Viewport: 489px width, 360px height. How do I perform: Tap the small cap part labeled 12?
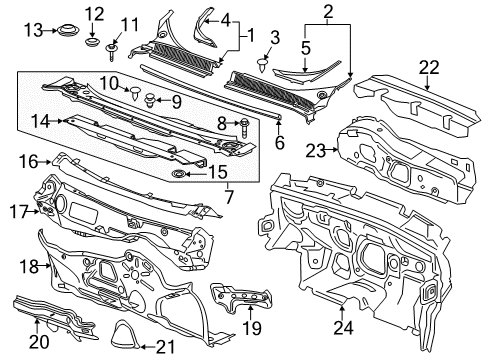tap(93, 43)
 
